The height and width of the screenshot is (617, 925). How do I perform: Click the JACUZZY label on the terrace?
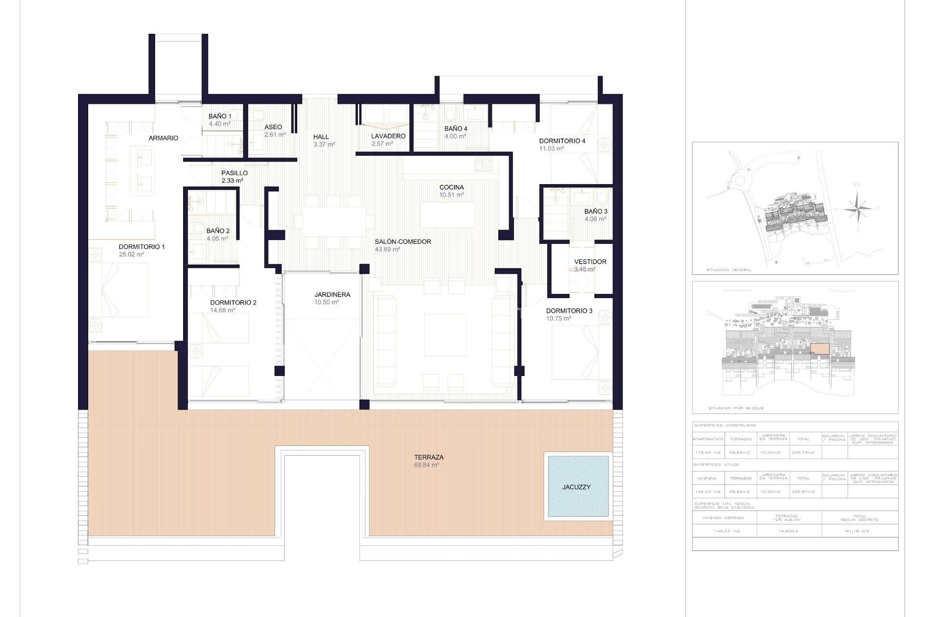[x=576, y=487]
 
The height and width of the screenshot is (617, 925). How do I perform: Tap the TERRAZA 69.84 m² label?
[x=428, y=461]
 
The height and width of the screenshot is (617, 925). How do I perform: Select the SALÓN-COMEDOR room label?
[x=403, y=242]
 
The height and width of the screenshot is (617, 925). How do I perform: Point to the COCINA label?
[x=451, y=188]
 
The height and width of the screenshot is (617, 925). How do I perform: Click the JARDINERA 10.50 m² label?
[x=332, y=298]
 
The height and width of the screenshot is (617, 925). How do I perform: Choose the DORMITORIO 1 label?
[x=142, y=247]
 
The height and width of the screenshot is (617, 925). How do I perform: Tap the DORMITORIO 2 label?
[x=233, y=303]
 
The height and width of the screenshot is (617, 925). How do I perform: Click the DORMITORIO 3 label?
[x=569, y=311]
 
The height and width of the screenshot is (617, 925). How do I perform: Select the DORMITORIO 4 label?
[x=562, y=141]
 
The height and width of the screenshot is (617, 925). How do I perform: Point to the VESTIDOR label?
[x=590, y=262]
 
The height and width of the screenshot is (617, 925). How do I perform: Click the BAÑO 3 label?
[x=595, y=212]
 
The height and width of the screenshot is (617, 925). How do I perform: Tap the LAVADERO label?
[x=388, y=136]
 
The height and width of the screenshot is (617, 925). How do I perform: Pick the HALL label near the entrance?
[x=321, y=137]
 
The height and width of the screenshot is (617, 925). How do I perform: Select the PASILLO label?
[x=235, y=173]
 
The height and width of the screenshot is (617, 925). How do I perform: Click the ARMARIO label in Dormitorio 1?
[x=163, y=138]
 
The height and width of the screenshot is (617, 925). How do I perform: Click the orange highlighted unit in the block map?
[x=819, y=349]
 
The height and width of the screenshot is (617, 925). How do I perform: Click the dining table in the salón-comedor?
[x=333, y=222]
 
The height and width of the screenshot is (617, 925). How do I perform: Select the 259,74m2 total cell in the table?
[x=803, y=452]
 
